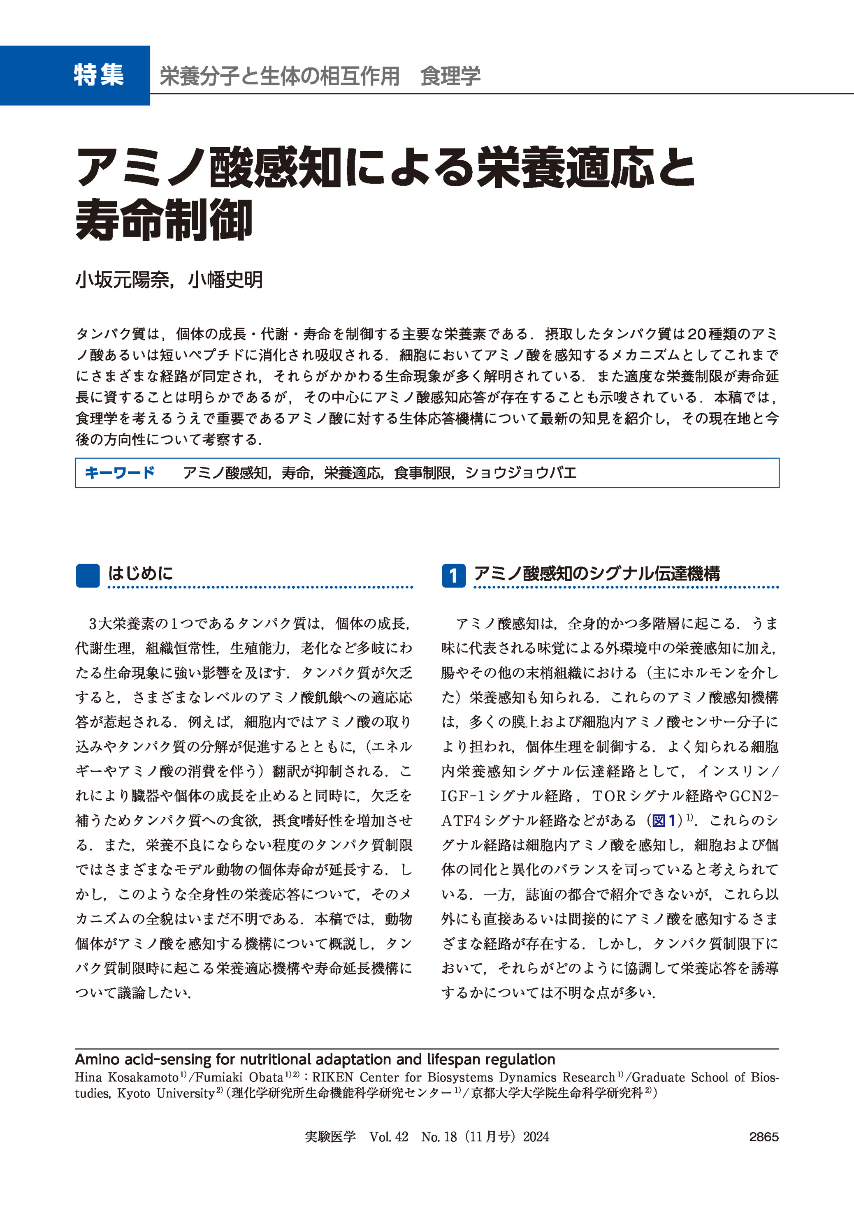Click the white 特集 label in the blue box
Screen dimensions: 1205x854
[98, 75]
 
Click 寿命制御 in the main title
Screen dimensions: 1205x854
[164, 220]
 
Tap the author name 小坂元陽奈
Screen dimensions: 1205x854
[123, 280]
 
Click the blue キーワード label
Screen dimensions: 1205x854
[119, 472]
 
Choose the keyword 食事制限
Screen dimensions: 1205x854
[423, 473]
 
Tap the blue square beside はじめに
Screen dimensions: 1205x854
[87, 576]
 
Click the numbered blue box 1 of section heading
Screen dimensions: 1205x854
[453, 576]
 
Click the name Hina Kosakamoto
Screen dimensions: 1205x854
[127, 1077]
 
